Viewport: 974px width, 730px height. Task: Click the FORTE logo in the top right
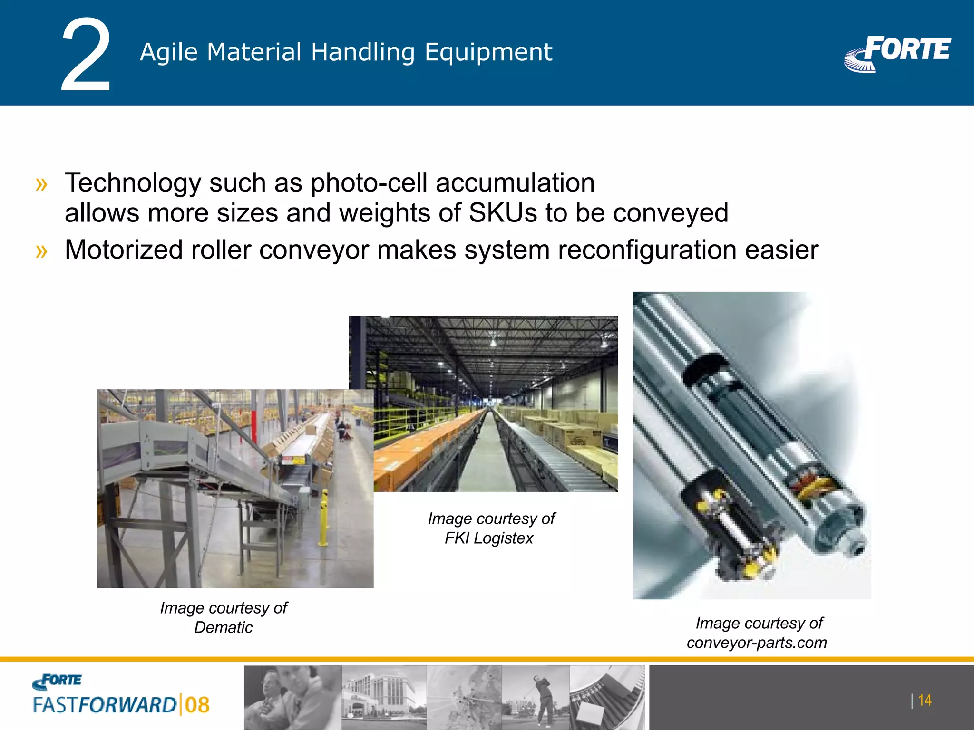coord(898,53)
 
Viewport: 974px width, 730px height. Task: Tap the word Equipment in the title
coord(488,52)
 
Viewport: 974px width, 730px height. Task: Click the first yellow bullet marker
coord(42,184)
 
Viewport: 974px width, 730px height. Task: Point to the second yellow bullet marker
coord(42,251)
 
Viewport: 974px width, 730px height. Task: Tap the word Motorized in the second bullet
coord(124,250)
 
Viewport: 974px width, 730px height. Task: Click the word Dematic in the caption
coord(223,627)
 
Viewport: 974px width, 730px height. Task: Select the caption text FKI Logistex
coord(489,538)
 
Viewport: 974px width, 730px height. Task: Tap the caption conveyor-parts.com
coord(756,643)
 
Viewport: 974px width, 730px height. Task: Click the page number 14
coord(924,701)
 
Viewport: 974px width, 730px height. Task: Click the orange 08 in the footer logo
coord(197,705)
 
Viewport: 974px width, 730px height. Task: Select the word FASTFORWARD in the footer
coord(105,705)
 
